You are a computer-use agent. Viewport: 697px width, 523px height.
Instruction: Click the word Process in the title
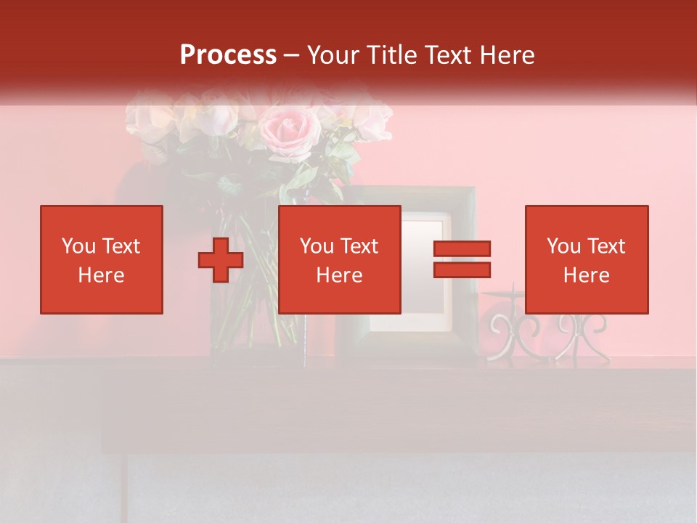(x=228, y=55)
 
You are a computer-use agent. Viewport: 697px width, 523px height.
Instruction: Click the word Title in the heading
(x=391, y=55)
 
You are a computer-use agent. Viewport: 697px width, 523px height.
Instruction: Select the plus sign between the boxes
(x=221, y=260)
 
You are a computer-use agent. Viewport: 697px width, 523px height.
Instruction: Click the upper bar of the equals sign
(x=462, y=248)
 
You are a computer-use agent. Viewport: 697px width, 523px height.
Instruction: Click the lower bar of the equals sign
(x=462, y=269)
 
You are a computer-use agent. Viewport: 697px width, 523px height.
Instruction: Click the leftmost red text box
(x=102, y=259)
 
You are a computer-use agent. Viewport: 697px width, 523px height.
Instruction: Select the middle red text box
(x=340, y=259)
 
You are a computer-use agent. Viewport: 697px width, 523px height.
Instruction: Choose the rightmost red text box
(x=587, y=259)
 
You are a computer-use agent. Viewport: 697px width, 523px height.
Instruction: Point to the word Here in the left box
(x=101, y=275)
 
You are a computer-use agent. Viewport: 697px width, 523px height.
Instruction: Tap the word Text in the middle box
(x=359, y=246)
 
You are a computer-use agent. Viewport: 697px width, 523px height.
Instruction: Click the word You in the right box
(x=563, y=246)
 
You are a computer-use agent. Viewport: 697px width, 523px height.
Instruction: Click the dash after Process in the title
(x=292, y=55)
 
